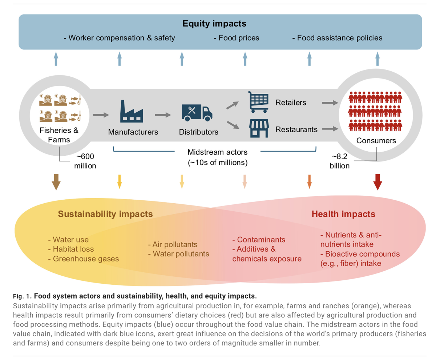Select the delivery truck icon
(x=197, y=112)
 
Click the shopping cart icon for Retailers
(x=258, y=102)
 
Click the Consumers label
(x=377, y=141)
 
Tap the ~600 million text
(x=86, y=161)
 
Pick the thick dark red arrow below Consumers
(x=378, y=182)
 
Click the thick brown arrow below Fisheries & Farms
(x=56, y=182)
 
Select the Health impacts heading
(x=343, y=213)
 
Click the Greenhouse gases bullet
(x=83, y=259)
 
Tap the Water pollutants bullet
(x=178, y=254)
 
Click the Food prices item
(x=236, y=37)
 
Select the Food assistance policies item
(x=337, y=37)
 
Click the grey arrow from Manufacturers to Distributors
(x=163, y=115)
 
